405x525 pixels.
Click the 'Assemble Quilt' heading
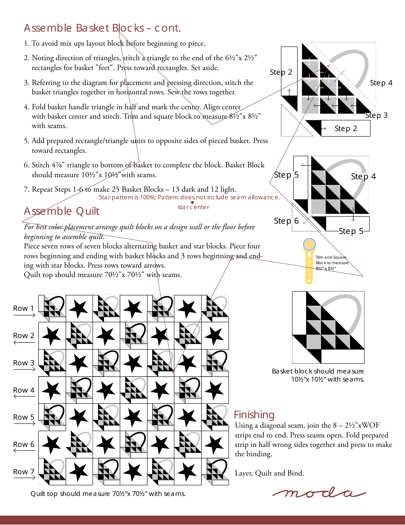coord(61,211)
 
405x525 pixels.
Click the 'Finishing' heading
coord(254,415)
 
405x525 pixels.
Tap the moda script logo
coord(319,493)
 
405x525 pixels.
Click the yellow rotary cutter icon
coord(309,261)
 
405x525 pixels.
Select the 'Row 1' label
coord(23,308)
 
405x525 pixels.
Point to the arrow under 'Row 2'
coord(24,343)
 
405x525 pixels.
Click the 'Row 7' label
coord(23,472)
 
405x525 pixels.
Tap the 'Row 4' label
coord(23,390)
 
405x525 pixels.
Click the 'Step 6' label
coord(286,221)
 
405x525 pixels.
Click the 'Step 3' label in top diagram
coord(376,115)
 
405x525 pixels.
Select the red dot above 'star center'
coord(192,202)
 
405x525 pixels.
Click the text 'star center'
coord(194,207)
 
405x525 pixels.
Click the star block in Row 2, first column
coord(52,336)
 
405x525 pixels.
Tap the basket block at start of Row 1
coord(52,308)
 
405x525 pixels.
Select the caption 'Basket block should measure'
coord(318,371)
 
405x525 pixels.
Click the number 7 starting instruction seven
coord(26,190)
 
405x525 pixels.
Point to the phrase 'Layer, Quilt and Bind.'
coord(269,473)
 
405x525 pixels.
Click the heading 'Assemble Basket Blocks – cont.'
coord(102,28)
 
